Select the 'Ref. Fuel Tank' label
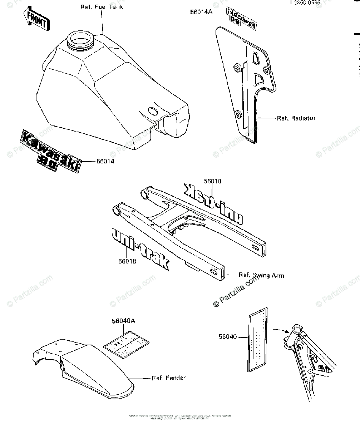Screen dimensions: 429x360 (x=101, y=7)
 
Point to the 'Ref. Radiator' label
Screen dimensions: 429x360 (x=296, y=118)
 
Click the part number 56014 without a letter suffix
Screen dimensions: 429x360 (x=105, y=162)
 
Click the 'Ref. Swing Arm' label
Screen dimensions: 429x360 (x=261, y=275)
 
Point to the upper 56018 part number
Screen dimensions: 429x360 (x=213, y=181)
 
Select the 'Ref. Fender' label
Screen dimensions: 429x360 (x=169, y=378)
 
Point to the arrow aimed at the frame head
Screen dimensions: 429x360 (x=279, y=330)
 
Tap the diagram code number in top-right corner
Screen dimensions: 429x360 (x=305, y=3)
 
